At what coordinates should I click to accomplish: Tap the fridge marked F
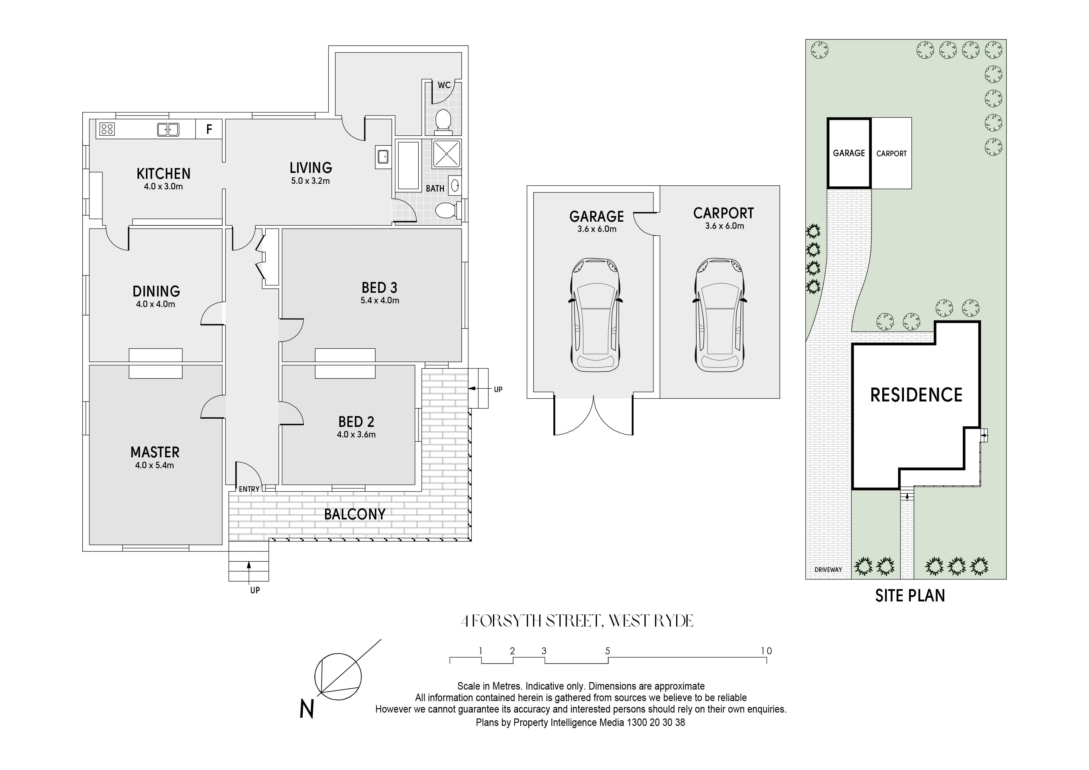tap(209, 129)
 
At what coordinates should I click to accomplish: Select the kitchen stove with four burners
tap(107, 129)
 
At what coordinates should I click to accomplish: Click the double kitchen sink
tap(168, 129)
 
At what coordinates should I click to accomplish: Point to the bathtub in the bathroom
tap(409, 165)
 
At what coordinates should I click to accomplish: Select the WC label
tap(444, 85)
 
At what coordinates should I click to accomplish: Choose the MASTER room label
tap(155, 452)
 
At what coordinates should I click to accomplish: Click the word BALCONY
tap(355, 514)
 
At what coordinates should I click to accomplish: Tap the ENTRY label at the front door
tap(249, 489)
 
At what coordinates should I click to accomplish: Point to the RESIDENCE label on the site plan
tap(916, 395)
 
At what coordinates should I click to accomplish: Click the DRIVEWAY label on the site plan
tap(828, 569)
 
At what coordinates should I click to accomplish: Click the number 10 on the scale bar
tap(766, 651)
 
